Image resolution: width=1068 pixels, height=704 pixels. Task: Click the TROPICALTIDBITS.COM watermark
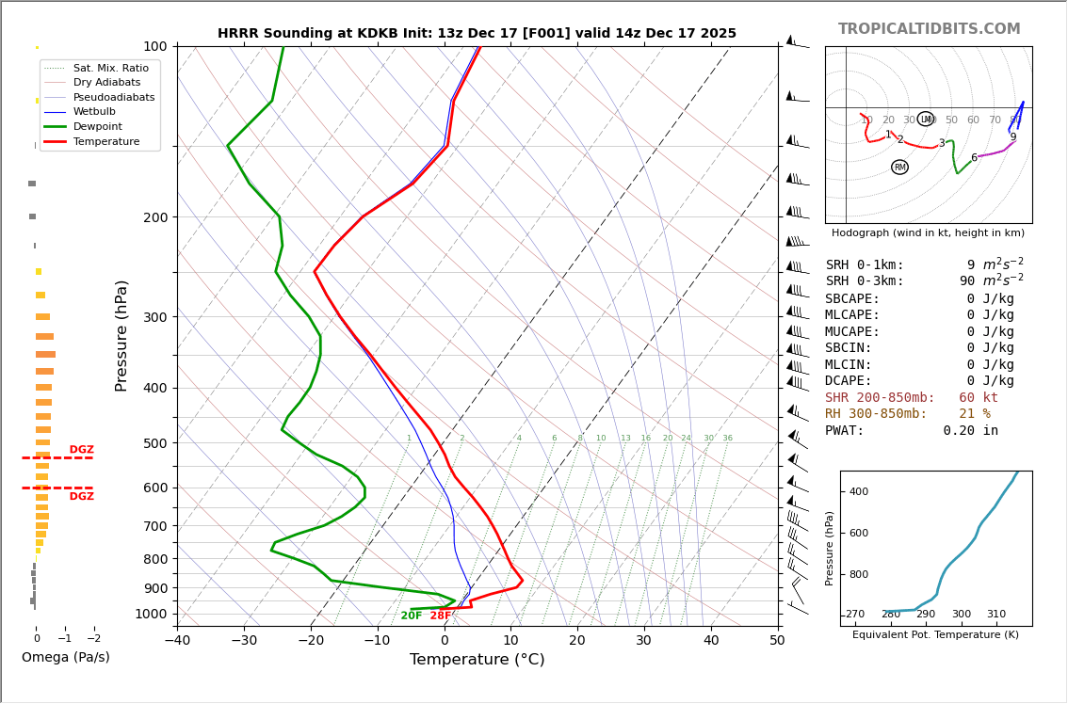(x=929, y=29)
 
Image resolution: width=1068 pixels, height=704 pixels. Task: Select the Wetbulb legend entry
(x=94, y=111)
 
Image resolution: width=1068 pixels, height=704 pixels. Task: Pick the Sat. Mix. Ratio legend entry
(x=110, y=68)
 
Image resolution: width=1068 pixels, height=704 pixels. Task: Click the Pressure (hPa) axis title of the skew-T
(x=121, y=335)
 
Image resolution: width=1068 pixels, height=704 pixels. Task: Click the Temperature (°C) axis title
(x=477, y=660)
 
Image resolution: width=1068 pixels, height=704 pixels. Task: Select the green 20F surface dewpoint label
(x=412, y=616)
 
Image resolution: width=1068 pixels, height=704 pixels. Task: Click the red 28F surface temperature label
(x=441, y=616)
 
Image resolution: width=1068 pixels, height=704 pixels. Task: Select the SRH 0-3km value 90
(x=967, y=281)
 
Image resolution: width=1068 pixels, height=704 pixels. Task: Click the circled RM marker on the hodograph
(x=899, y=168)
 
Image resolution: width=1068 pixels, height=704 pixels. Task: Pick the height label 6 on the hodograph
(x=974, y=158)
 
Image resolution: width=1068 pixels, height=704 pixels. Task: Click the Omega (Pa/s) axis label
(x=66, y=658)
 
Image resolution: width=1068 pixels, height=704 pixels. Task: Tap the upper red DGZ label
(x=81, y=450)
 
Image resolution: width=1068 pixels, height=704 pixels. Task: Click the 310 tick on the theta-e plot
(x=995, y=615)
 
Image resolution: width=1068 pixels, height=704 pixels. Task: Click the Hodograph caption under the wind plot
(x=928, y=233)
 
